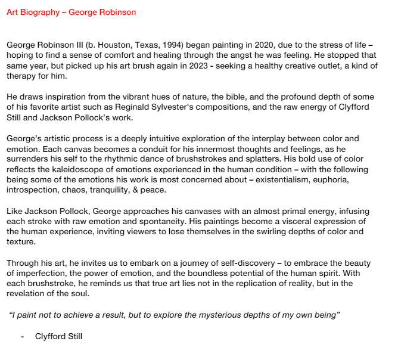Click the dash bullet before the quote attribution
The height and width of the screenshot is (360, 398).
click(22, 337)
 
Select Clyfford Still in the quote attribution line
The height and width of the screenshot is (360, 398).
click(58, 337)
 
